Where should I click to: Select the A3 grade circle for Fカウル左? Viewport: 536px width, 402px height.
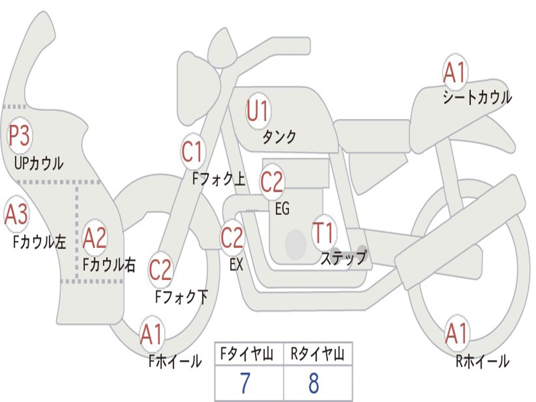click(x=16, y=215)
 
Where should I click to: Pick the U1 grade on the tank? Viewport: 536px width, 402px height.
click(x=258, y=111)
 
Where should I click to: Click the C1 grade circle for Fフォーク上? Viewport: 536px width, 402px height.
click(x=192, y=152)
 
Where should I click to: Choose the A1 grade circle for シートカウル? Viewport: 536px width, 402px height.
click(x=454, y=73)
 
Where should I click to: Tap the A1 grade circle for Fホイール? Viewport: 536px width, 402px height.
click(x=151, y=334)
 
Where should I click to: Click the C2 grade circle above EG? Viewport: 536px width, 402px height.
click(x=272, y=182)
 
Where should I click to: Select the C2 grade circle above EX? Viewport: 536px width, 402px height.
click(x=232, y=238)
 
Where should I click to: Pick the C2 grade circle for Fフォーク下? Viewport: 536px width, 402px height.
click(x=160, y=270)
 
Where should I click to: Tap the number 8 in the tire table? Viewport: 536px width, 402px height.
click(x=314, y=384)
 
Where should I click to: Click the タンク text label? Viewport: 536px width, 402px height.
click(x=279, y=137)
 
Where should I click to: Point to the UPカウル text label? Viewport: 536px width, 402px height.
click(x=39, y=163)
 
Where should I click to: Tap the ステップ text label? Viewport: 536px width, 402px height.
click(x=344, y=258)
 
